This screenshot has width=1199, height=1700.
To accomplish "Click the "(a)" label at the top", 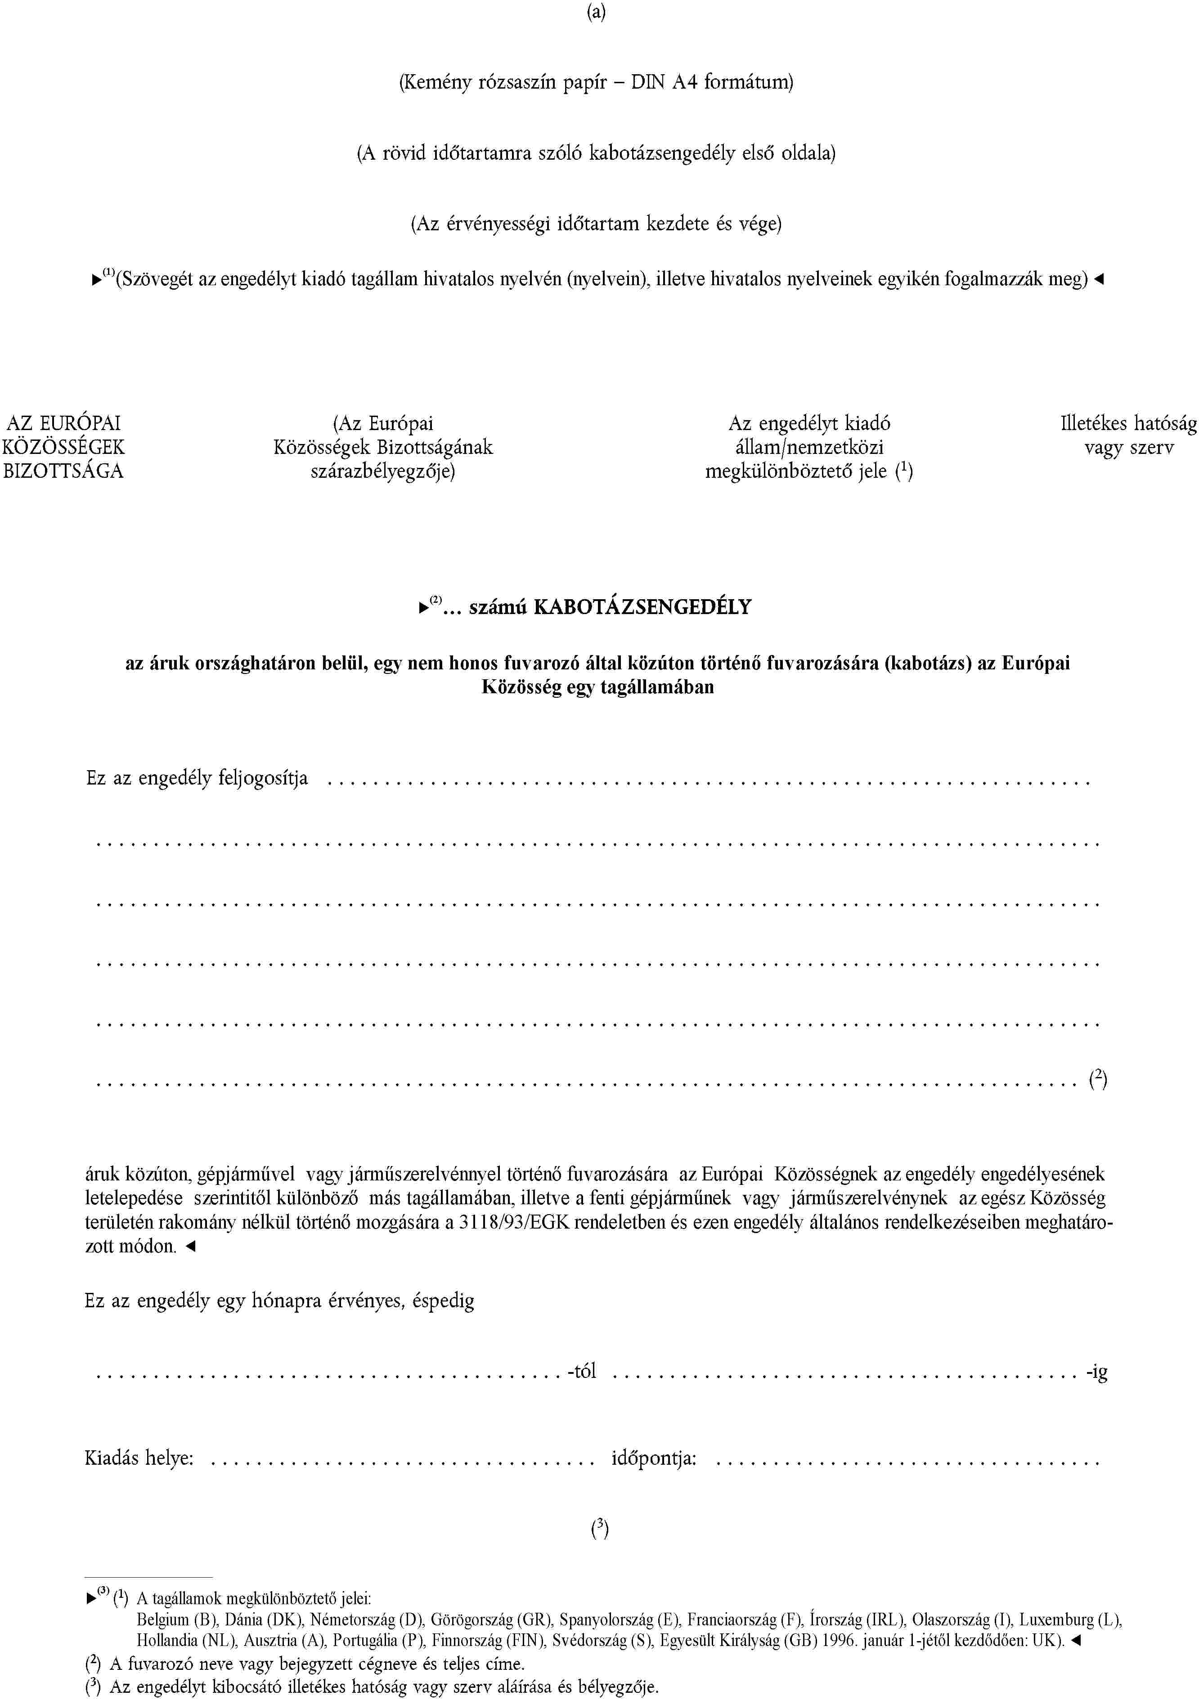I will (596, 13).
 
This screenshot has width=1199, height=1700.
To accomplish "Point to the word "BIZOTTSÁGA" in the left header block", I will (64, 471).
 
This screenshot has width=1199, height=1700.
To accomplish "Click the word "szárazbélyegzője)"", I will (383, 471).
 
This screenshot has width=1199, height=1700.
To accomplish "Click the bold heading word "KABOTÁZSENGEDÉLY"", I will (642, 607).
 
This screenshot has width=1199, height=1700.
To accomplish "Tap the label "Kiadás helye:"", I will (139, 1458).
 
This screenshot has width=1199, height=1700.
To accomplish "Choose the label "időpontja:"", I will (654, 1458).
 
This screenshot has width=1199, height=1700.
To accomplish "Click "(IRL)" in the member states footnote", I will (886, 1619).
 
